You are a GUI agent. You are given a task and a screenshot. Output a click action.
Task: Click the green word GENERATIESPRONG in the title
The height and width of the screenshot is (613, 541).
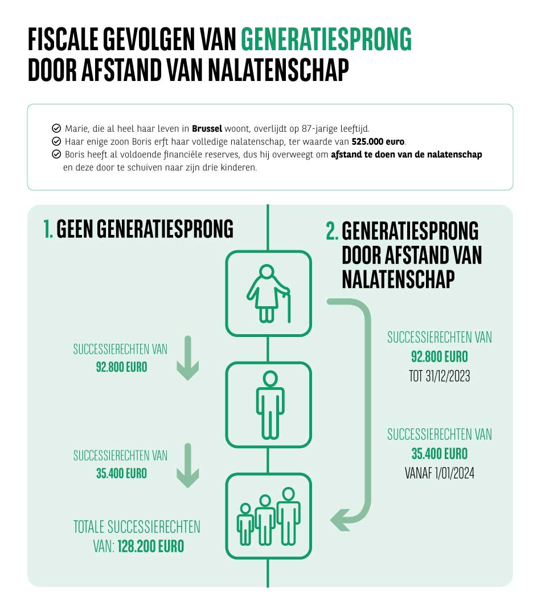(x=326, y=40)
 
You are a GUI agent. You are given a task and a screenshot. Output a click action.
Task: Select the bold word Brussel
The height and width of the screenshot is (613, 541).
(x=207, y=128)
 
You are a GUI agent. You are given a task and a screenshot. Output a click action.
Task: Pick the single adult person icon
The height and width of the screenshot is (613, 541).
(x=268, y=404)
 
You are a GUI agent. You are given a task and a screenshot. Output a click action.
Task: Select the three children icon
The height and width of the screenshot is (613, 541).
(x=268, y=515)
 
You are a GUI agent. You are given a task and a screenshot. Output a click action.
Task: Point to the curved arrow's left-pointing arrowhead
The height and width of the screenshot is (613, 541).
(x=340, y=519)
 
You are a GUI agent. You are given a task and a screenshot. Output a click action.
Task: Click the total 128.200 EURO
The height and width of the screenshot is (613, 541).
(x=151, y=546)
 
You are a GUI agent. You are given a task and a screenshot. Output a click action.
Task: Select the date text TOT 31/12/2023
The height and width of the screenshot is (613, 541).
(x=439, y=377)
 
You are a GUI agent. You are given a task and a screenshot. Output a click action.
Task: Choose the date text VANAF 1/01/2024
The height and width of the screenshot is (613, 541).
(x=439, y=473)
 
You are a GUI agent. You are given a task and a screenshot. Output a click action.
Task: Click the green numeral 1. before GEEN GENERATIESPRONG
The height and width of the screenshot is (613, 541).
(x=48, y=229)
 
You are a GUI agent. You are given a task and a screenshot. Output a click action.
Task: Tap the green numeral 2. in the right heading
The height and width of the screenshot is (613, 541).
(x=332, y=232)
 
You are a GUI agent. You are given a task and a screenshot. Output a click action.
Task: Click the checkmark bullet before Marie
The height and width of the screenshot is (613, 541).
(x=56, y=128)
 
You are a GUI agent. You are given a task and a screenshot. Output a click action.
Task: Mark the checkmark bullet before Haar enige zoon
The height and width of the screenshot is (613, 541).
(x=56, y=141)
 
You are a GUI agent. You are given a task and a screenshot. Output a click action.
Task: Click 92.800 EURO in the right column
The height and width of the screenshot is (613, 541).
(x=439, y=358)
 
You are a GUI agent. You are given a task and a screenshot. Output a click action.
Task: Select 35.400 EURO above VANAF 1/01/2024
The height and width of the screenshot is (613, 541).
(x=439, y=454)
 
